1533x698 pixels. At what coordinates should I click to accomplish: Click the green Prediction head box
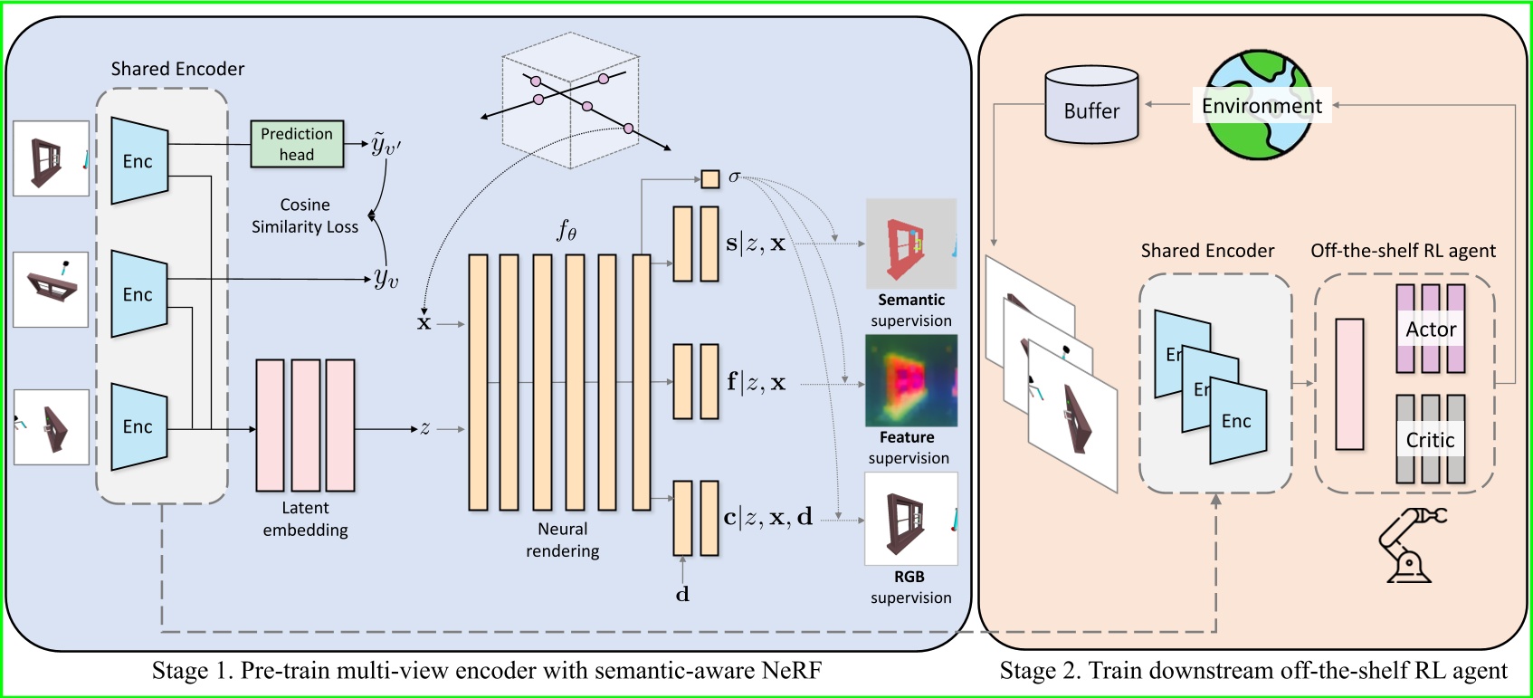click(297, 144)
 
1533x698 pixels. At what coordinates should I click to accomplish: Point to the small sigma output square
click(710, 178)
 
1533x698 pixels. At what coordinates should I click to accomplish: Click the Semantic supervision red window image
click(910, 244)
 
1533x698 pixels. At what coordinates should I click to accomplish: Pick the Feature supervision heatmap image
click(910, 381)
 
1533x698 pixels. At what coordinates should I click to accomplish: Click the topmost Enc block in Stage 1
click(139, 161)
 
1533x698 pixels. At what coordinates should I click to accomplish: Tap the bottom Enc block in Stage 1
click(139, 426)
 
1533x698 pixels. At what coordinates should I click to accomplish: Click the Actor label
click(1431, 330)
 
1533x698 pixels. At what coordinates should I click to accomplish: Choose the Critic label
click(1430, 440)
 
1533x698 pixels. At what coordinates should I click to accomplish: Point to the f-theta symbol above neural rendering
click(567, 231)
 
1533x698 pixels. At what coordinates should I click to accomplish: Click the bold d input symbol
click(682, 595)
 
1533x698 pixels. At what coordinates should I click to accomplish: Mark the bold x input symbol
click(424, 323)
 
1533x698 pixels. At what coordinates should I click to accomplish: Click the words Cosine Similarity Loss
click(305, 216)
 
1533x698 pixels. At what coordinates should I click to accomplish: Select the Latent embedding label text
click(305, 519)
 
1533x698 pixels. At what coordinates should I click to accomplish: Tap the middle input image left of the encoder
click(51, 290)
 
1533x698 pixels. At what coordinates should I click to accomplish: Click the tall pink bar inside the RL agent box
click(1349, 384)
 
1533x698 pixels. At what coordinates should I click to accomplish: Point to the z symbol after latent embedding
click(424, 428)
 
